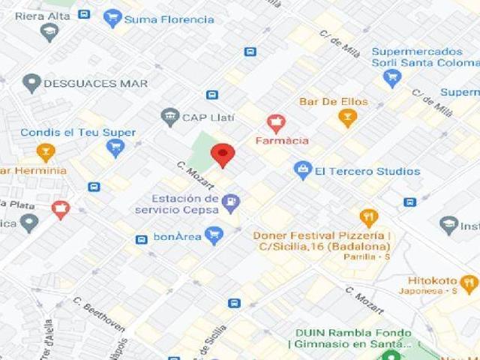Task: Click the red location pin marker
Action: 223,154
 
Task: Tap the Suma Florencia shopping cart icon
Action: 113,17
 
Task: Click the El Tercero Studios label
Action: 367,171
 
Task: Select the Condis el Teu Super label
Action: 78,133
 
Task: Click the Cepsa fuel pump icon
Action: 231,201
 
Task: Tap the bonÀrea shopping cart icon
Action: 214,236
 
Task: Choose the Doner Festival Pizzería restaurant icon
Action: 368,218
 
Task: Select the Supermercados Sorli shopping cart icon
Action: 392,79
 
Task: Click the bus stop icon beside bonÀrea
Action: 142,239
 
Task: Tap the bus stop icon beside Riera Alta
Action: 84,14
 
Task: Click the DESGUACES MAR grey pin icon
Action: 31,82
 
